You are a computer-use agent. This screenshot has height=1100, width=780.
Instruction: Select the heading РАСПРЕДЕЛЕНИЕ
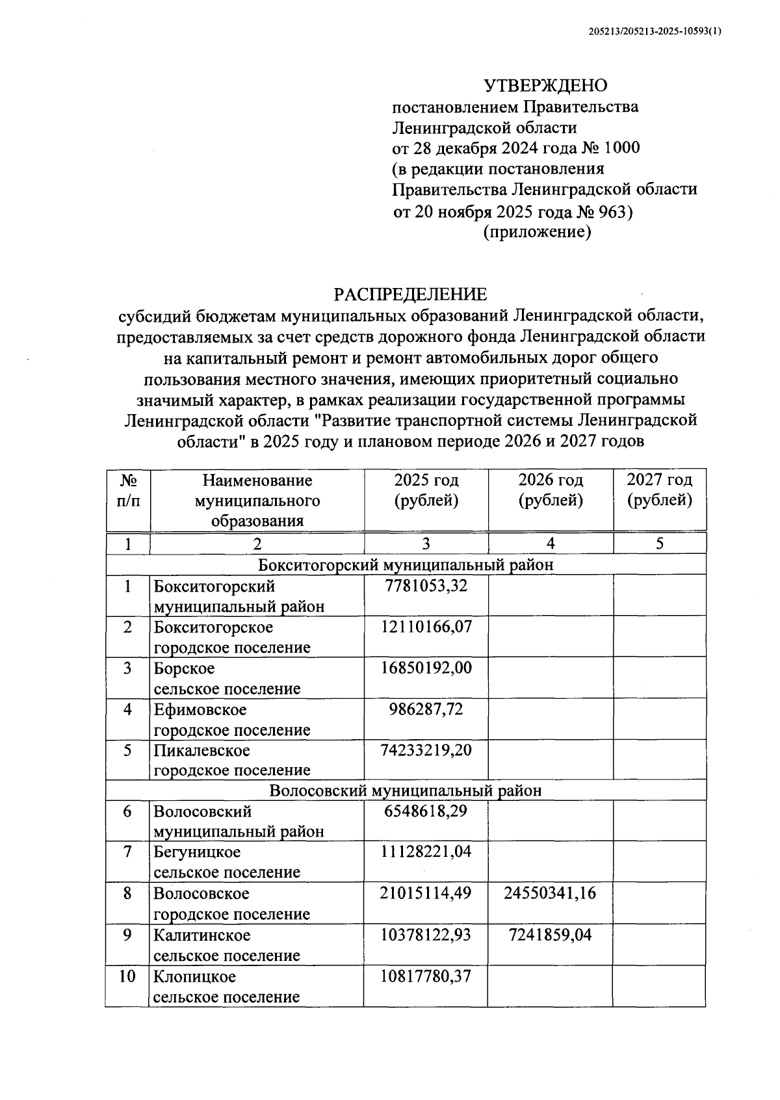410,295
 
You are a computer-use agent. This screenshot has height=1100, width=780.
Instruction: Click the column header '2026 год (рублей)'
550,490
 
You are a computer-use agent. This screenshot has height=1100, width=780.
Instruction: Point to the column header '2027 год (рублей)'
659,490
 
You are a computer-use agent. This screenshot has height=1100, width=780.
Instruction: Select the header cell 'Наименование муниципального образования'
257,500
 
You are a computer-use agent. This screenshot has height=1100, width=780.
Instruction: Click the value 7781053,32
426,586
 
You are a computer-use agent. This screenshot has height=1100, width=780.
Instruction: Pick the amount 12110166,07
426,627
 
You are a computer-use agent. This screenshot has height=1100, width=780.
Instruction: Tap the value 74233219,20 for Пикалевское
426,750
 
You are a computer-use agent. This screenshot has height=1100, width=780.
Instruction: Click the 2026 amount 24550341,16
550,893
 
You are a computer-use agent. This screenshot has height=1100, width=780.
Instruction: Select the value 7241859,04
550,935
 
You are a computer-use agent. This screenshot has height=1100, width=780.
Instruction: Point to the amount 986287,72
426,709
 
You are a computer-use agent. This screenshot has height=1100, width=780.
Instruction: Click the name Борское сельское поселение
227,678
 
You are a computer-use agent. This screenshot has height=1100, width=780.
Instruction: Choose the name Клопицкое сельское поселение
227,986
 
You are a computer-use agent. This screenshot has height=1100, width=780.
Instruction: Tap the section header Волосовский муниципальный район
405,791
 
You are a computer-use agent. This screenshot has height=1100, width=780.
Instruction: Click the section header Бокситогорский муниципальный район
405,564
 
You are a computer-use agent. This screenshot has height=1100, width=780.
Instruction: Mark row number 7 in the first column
127,852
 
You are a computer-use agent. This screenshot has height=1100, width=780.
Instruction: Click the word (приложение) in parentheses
537,232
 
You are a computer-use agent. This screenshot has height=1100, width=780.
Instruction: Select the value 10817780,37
426,976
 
